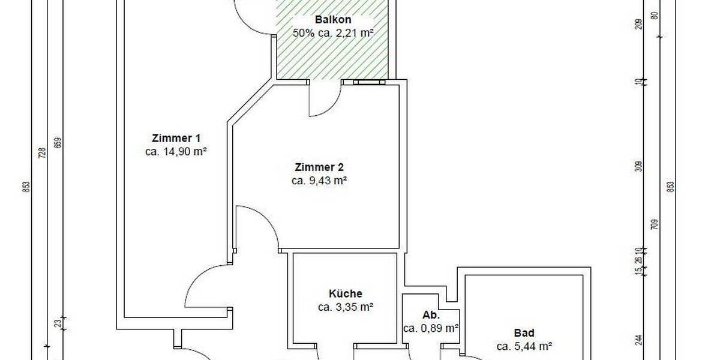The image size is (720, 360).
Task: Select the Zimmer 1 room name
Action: pos(176,138)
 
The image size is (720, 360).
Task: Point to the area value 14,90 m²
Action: pos(176,152)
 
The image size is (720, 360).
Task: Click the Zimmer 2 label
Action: pos(319,166)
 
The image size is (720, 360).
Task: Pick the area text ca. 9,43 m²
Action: pos(319,180)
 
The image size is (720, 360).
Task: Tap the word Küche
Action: pos(346,293)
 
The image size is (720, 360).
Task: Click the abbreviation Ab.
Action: pos(431,314)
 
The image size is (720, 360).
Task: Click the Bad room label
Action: pos(524,332)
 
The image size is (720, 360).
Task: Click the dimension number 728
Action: pos(42,154)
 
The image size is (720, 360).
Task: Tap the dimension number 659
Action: pos(58,143)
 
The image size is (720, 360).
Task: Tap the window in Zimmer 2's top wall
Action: pos(369,83)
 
